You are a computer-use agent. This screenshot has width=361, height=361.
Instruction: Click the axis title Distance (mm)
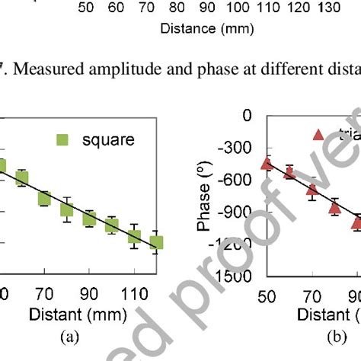(195, 30)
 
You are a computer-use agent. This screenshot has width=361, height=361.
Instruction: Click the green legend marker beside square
(63, 140)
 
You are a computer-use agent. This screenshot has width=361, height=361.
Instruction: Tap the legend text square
(107, 140)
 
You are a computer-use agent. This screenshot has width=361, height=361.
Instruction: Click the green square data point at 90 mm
(89, 219)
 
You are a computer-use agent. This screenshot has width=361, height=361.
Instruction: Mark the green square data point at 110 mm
(134, 236)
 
